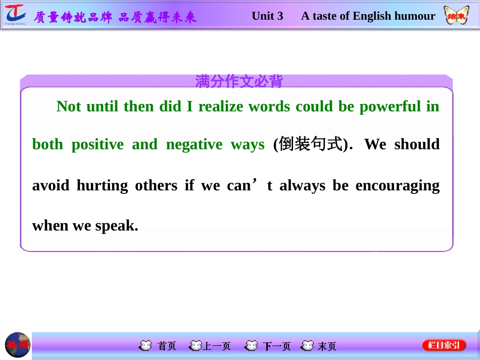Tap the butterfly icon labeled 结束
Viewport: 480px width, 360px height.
click(455, 16)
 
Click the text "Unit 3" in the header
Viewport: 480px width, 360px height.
click(267, 16)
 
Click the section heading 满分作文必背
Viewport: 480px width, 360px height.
click(239, 81)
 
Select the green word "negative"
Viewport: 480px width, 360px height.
click(194, 145)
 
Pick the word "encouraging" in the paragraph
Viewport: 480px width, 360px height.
click(398, 186)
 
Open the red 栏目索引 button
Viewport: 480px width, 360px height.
click(444, 345)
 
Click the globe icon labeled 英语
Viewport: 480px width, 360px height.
click(18, 345)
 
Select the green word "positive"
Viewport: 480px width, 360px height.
click(98, 145)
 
